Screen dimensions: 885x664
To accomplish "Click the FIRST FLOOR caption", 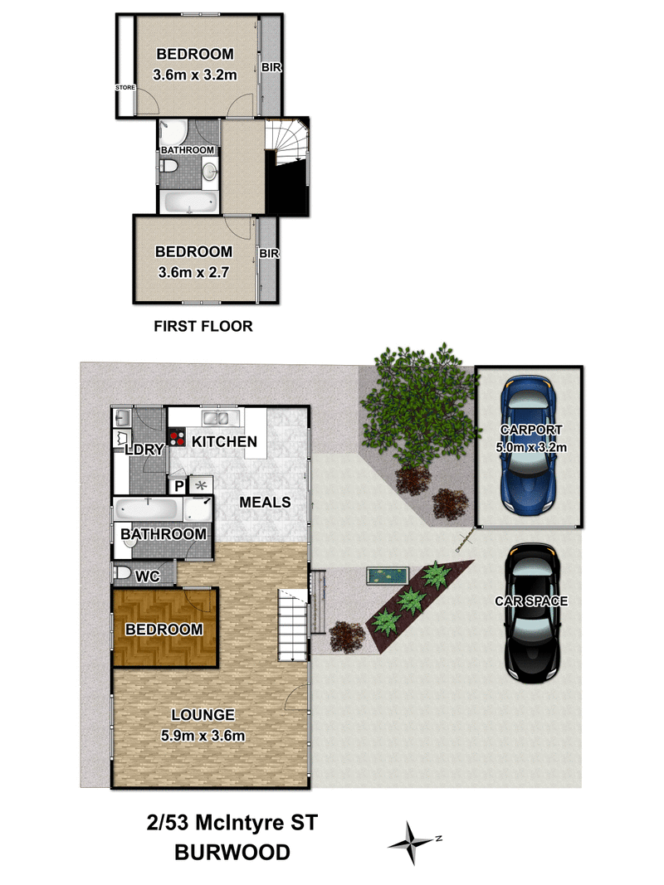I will [x=203, y=327].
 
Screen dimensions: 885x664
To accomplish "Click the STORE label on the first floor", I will [x=125, y=86].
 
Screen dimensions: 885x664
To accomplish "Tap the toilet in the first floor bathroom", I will [x=171, y=170].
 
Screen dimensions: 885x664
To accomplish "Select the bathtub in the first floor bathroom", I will [x=188, y=202].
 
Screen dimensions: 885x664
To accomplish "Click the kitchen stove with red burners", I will [x=177, y=436].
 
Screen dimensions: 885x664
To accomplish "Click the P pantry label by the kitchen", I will [x=178, y=486].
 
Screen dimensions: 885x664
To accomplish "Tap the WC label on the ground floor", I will [x=148, y=574].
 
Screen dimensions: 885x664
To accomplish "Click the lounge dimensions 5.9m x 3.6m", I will [x=203, y=735].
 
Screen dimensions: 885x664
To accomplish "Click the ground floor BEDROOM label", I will [x=164, y=630].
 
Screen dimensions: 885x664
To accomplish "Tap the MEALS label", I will [x=265, y=502].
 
